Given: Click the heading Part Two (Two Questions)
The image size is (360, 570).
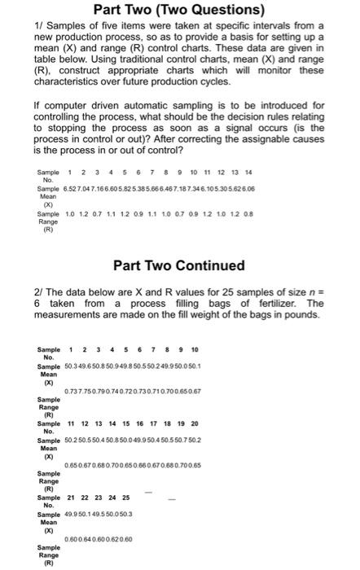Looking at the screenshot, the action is tap(178, 11).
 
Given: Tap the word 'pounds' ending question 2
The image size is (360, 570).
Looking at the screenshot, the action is tap(305, 327).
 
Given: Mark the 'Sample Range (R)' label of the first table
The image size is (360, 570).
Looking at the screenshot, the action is tap(48, 217).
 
